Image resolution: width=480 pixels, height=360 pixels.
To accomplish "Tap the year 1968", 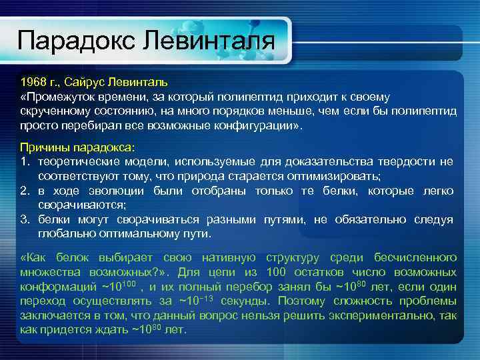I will coord(33,83).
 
